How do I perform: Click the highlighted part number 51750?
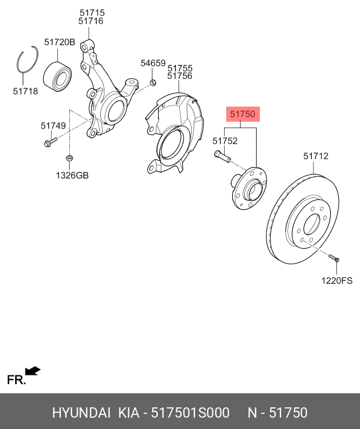(242, 115)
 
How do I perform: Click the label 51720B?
(60, 42)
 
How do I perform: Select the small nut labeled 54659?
(153, 82)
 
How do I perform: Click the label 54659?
(153, 63)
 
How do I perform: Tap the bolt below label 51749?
(49, 143)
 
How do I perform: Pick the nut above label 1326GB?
(69, 159)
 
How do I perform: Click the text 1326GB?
(72, 175)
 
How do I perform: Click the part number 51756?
(180, 77)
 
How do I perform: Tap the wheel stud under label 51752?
(222, 157)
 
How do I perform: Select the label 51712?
(316, 156)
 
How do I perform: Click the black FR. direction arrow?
(34, 371)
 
